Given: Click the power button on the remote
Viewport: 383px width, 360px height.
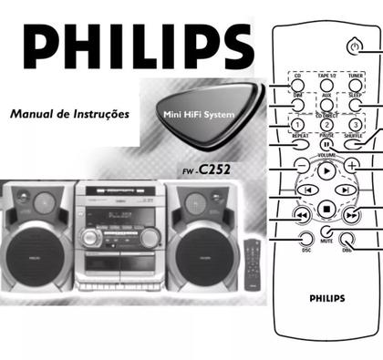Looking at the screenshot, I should tap(354, 45).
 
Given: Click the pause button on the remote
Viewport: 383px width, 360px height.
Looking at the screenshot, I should tap(326, 143).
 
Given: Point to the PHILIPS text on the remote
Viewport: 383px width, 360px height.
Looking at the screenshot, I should tap(326, 296).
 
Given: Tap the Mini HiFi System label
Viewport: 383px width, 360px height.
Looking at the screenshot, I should tap(188, 115).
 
